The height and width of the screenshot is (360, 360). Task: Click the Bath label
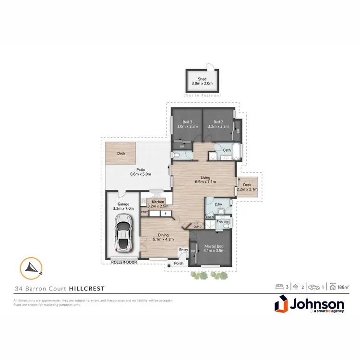(227, 150)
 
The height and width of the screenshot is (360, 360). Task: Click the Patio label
(141, 169)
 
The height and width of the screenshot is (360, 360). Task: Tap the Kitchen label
(158, 202)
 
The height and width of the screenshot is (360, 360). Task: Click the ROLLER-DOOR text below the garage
(124, 263)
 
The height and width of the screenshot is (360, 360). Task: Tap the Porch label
(179, 263)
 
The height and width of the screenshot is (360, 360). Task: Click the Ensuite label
(222, 222)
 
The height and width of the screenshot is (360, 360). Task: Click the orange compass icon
(31, 269)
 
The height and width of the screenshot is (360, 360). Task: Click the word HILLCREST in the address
(86, 288)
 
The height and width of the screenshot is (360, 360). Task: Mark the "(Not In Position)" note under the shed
(202, 96)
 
